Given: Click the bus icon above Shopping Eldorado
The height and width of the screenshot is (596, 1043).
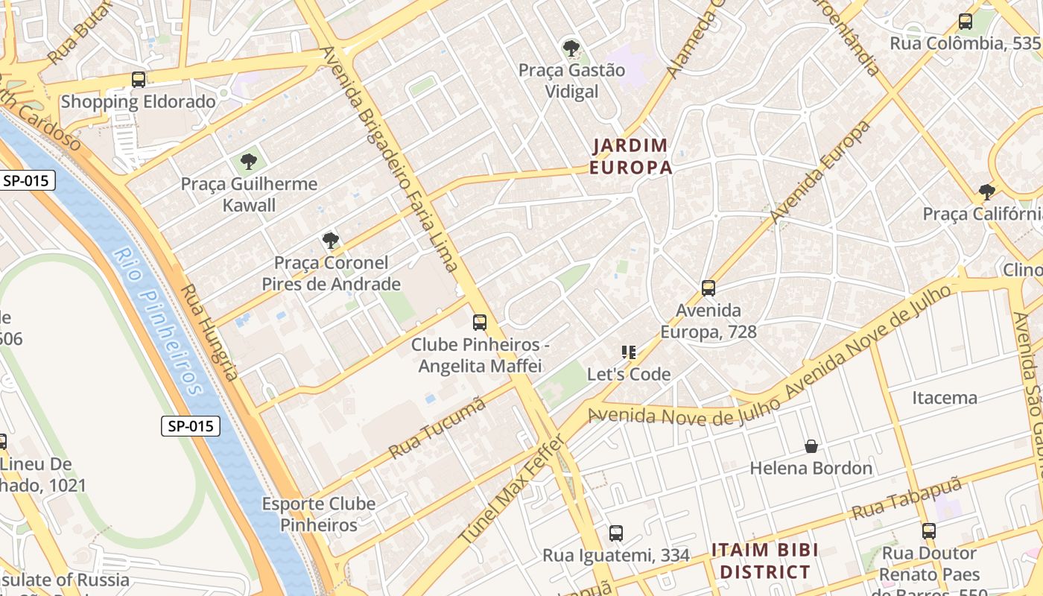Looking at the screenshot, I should [138, 80].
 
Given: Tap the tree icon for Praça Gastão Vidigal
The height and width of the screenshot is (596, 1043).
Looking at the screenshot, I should [571, 49].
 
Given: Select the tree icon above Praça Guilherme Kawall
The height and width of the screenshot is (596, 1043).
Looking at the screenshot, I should [249, 162].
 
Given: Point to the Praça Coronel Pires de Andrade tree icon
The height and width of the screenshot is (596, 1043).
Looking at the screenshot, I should [330, 241].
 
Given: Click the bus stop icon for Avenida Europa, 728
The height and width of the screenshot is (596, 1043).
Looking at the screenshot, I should [708, 288].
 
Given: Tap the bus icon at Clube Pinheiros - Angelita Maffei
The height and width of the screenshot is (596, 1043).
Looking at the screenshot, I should [480, 323].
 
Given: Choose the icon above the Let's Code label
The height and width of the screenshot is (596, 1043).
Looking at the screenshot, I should [629, 352].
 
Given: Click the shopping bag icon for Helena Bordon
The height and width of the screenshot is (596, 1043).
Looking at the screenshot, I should [811, 446].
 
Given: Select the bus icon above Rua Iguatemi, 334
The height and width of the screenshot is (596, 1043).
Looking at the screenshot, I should [616, 533].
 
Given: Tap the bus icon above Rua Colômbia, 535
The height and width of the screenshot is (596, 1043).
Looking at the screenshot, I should [966, 22].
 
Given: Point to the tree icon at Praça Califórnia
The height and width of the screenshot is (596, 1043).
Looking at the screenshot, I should [987, 192].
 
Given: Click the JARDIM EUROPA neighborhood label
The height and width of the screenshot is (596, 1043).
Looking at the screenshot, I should [631, 156].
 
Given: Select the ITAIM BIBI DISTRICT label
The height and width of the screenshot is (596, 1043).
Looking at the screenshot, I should [764, 561].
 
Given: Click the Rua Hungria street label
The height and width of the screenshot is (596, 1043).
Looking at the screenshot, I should [210, 332].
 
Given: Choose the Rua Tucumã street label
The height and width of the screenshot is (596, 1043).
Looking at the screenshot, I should [437, 428].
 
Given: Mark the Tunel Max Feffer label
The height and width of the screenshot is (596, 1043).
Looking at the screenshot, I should [512, 489].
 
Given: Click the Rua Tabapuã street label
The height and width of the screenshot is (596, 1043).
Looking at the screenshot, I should [907, 499].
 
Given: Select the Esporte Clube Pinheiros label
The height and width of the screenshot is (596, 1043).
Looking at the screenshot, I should [319, 514].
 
